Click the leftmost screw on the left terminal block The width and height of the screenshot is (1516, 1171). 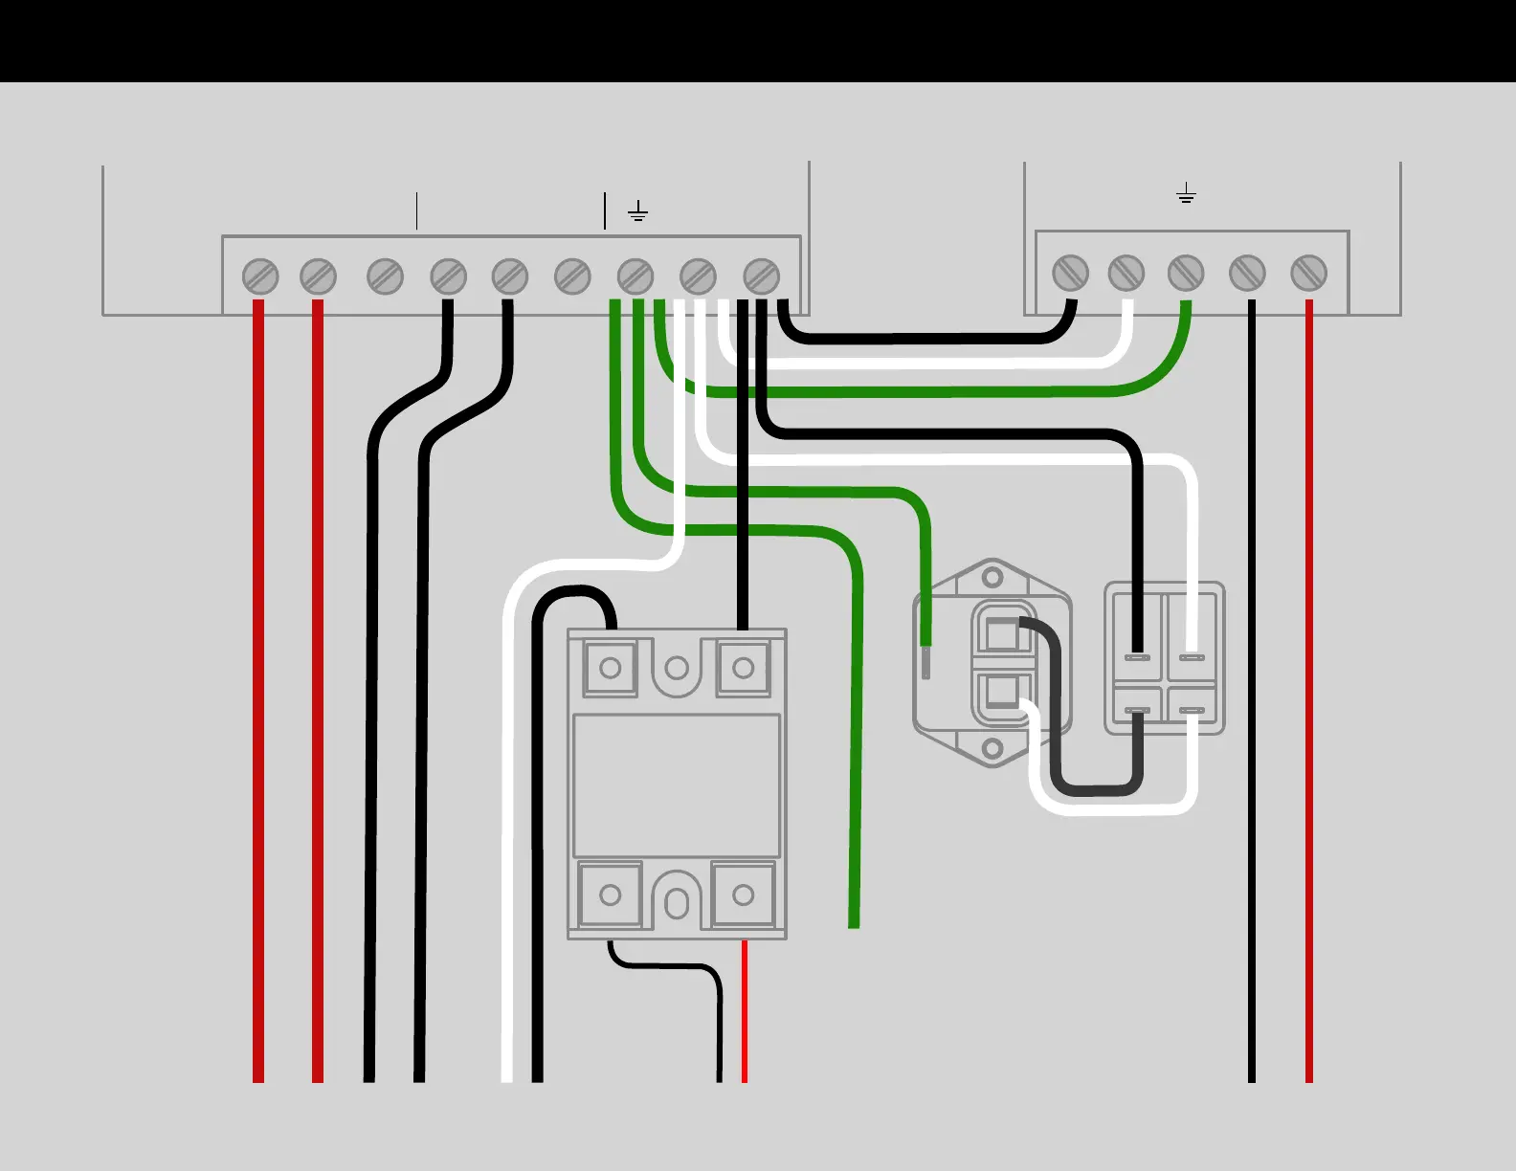(260, 276)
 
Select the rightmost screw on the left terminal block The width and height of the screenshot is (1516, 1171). (761, 276)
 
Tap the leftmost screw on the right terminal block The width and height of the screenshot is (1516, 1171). (1070, 274)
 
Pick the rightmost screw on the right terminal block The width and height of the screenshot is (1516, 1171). (1308, 274)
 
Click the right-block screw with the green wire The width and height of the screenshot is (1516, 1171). (1186, 274)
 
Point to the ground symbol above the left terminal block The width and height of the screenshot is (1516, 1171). (638, 211)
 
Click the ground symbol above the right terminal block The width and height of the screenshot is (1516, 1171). (1186, 194)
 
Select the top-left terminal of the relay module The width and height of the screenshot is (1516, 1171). (611, 668)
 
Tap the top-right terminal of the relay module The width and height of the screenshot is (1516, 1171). (743, 668)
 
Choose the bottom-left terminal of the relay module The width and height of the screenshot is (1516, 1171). (611, 895)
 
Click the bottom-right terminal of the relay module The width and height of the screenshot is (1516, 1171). (743, 895)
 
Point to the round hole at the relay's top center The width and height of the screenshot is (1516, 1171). (677, 668)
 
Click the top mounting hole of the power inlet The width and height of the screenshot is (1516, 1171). (993, 578)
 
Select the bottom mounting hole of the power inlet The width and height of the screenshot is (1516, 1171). (993, 747)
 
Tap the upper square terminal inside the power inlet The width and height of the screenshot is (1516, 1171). (1001, 634)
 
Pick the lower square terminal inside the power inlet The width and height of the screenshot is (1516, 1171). (1001, 691)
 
